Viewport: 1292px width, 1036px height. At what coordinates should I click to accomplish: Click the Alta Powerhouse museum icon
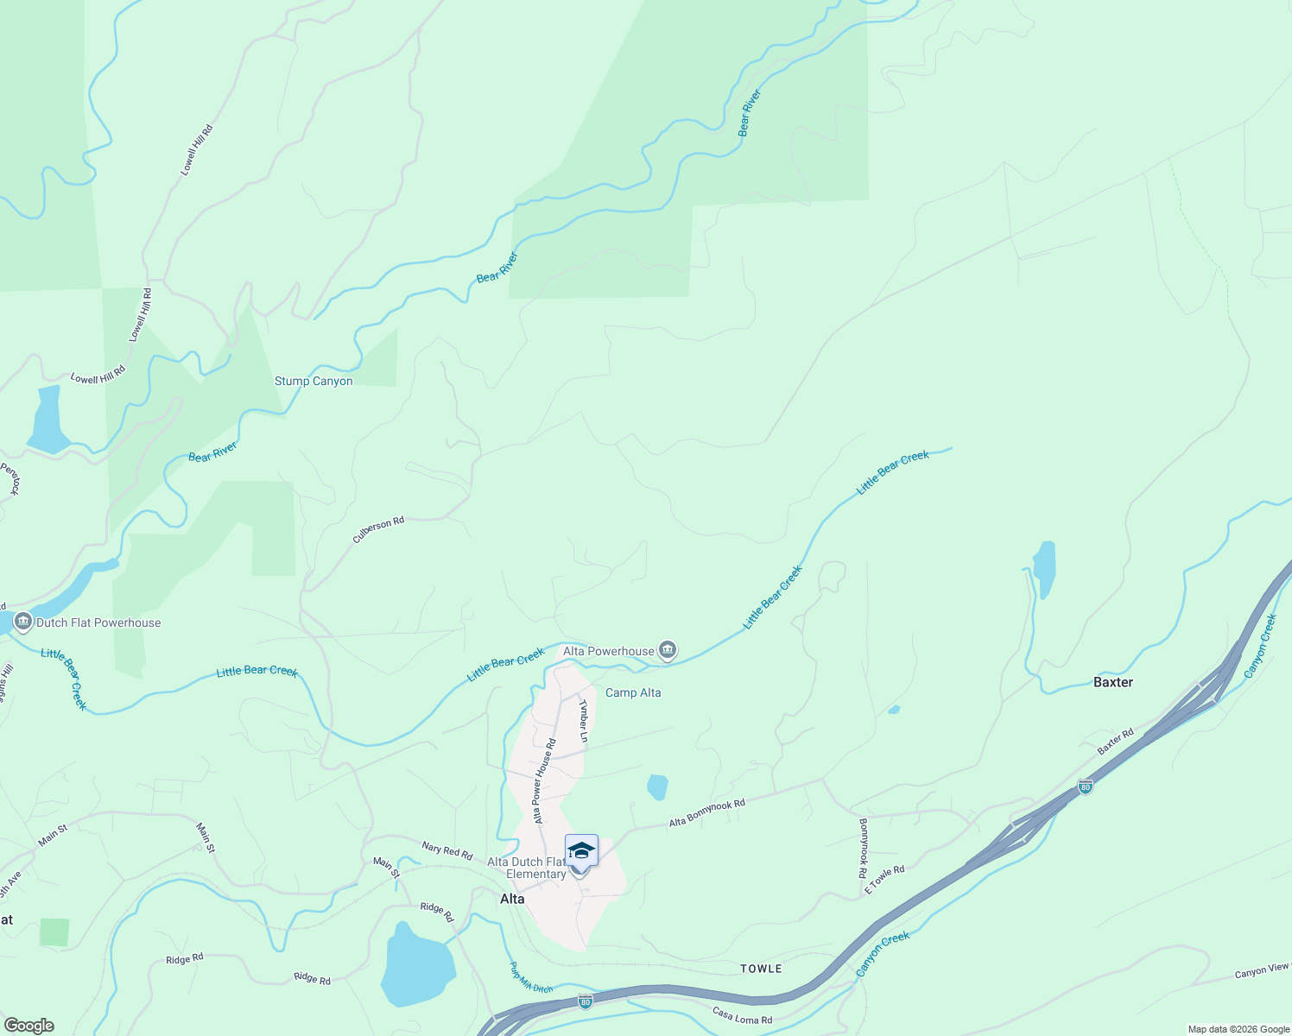[x=667, y=650]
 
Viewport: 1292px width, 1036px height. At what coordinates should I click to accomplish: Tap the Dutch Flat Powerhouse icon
[x=23, y=622]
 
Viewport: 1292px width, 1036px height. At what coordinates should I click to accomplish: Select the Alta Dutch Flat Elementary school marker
[x=581, y=851]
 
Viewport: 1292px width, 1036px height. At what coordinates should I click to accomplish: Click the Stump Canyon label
[x=313, y=381]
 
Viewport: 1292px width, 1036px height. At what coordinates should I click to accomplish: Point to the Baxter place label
[x=1112, y=682]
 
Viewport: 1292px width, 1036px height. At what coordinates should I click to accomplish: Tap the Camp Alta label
[x=633, y=692]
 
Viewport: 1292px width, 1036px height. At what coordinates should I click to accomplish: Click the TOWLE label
[x=761, y=969]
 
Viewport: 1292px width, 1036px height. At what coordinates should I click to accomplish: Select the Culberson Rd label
[x=378, y=530]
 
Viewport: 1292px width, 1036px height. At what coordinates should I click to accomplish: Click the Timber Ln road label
[x=584, y=720]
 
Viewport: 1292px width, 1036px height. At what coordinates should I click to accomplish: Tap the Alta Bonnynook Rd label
[x=706, y=813]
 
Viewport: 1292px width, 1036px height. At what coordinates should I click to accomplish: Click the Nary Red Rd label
[x=446, y=851]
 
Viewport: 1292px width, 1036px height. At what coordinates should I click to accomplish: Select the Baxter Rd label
[x=1115, y=742]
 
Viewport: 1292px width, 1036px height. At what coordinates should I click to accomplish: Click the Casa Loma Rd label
[x=742, y=1015]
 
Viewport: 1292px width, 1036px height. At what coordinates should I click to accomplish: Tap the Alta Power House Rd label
[x=544, y=780]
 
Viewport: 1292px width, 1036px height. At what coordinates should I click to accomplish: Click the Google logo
[x=29, y=1026]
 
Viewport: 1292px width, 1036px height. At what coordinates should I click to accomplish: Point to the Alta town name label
[x=512, y=899]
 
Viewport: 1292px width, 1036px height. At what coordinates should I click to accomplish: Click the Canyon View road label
[x=1262, y=971]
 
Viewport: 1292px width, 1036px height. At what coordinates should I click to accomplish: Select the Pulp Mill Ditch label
[x=530, y=977]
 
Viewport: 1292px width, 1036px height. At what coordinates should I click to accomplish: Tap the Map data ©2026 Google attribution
[x=1238, y=1029]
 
